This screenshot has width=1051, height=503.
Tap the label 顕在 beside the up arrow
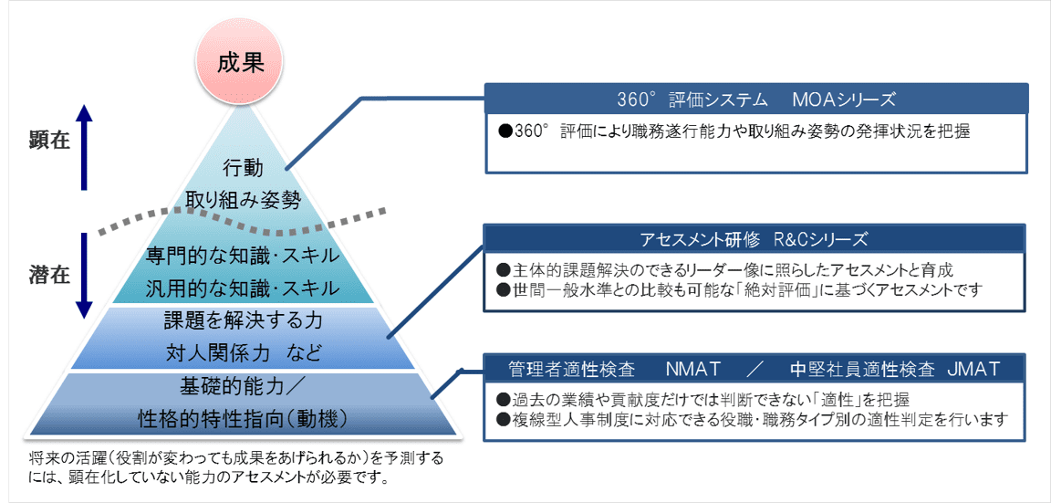(x=50, y=141)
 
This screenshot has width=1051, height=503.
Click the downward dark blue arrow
(x=84, y=275)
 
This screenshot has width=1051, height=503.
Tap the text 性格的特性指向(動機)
(x=242, y=419)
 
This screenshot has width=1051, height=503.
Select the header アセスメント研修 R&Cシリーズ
(x=754, y=239)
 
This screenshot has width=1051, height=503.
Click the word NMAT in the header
(x=693, y=369)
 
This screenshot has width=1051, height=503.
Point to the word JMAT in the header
(x=974, y=369)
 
